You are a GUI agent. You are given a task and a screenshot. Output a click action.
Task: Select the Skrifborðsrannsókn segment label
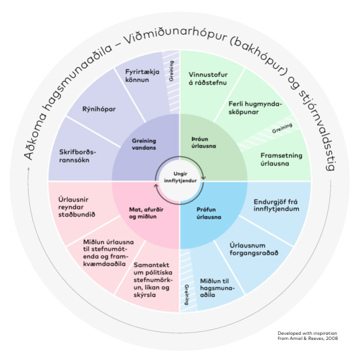coord(79,156)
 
